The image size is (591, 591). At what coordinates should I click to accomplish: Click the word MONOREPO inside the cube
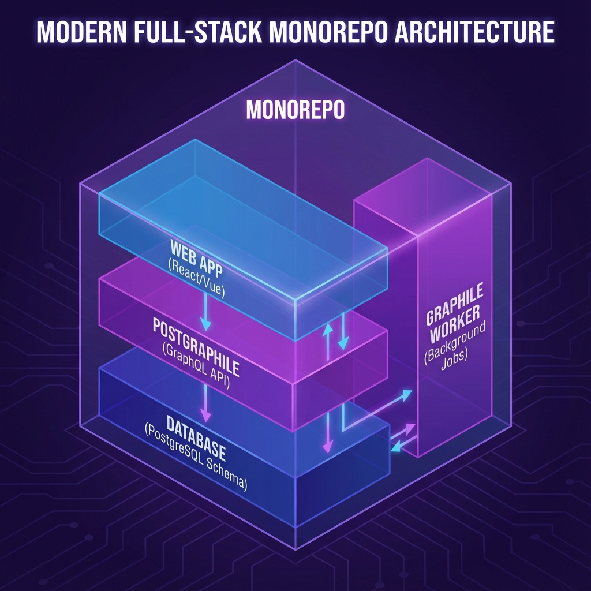click(x=295, y=110)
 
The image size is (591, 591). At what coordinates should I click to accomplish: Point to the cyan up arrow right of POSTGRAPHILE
click(x=327, y=341)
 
